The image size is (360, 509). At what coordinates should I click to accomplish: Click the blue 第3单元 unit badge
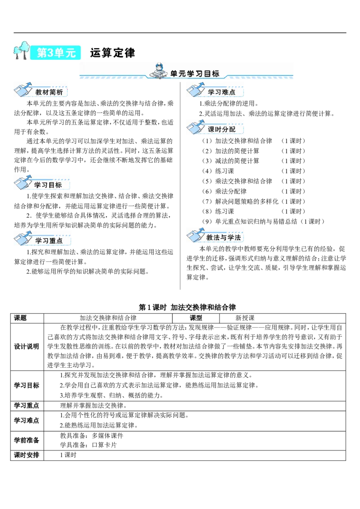pos(55,53)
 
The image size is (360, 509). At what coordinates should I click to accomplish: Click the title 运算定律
pos(112,53)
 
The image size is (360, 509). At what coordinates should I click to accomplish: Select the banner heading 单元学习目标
pos(195,74)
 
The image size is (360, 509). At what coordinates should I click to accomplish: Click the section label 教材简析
pos(49,92)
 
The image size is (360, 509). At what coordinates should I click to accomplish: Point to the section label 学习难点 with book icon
pos(221,92)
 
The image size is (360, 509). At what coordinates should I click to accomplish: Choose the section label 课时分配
pos(221,129)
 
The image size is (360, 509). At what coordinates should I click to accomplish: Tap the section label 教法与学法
pos(224,237)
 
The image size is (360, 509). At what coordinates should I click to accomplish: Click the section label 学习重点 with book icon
pos(49,241)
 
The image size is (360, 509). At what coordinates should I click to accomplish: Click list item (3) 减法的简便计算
pos(231,161)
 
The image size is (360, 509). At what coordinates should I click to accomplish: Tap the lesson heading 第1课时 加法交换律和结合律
pos(187,307)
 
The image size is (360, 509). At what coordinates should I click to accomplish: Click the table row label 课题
pos(20,318)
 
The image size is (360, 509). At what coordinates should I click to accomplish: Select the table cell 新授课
pos(245,318)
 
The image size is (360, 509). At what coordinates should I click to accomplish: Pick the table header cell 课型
pos(196,318)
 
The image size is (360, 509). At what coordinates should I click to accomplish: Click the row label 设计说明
pos(26,346)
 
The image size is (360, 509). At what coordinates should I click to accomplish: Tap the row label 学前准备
pos(26,440)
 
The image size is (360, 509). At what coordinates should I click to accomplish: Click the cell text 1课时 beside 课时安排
pos(68,455)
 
